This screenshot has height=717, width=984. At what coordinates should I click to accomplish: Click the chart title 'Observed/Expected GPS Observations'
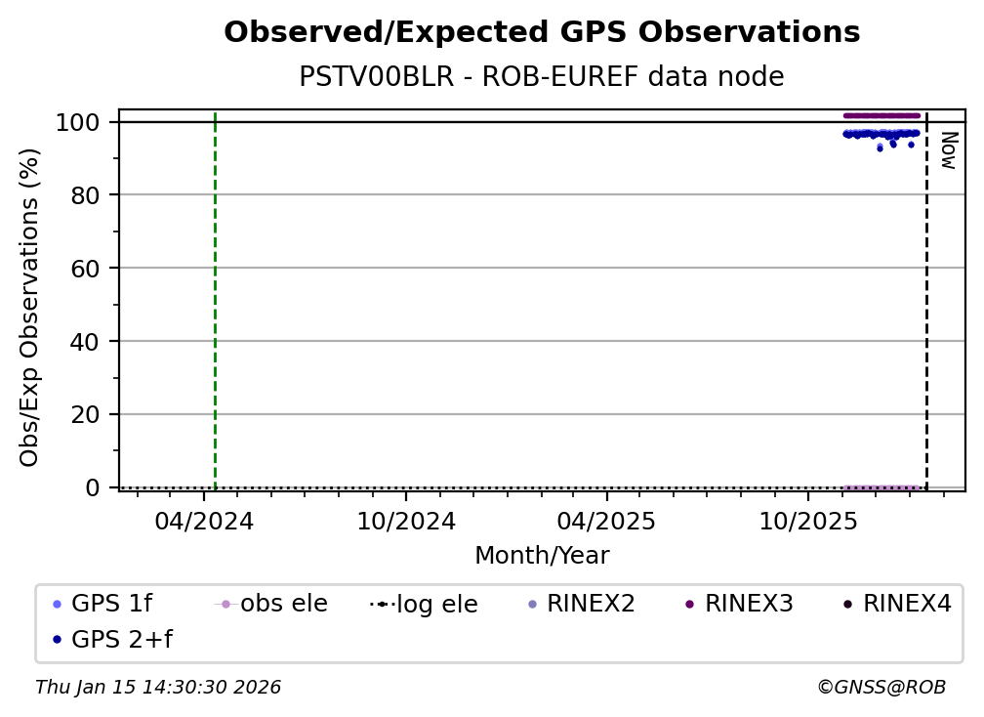coord(542,32)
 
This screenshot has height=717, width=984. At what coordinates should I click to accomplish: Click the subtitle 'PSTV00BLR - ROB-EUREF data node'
coord(542,77)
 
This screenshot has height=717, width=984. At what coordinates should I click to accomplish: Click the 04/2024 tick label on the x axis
coord(204,521)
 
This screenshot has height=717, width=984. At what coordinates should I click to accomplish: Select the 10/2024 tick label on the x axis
coord(406,521)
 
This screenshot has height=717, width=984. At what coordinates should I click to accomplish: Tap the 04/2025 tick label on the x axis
coord(606,521)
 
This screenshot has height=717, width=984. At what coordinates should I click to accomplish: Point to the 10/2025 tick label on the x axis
coord(807,521)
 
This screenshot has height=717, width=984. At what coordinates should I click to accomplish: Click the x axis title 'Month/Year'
coord(542,556)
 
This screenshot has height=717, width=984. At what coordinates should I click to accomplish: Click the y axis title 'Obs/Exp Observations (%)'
coord(30,307)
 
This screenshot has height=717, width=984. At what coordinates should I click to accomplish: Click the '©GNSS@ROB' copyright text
coord(881,688)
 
